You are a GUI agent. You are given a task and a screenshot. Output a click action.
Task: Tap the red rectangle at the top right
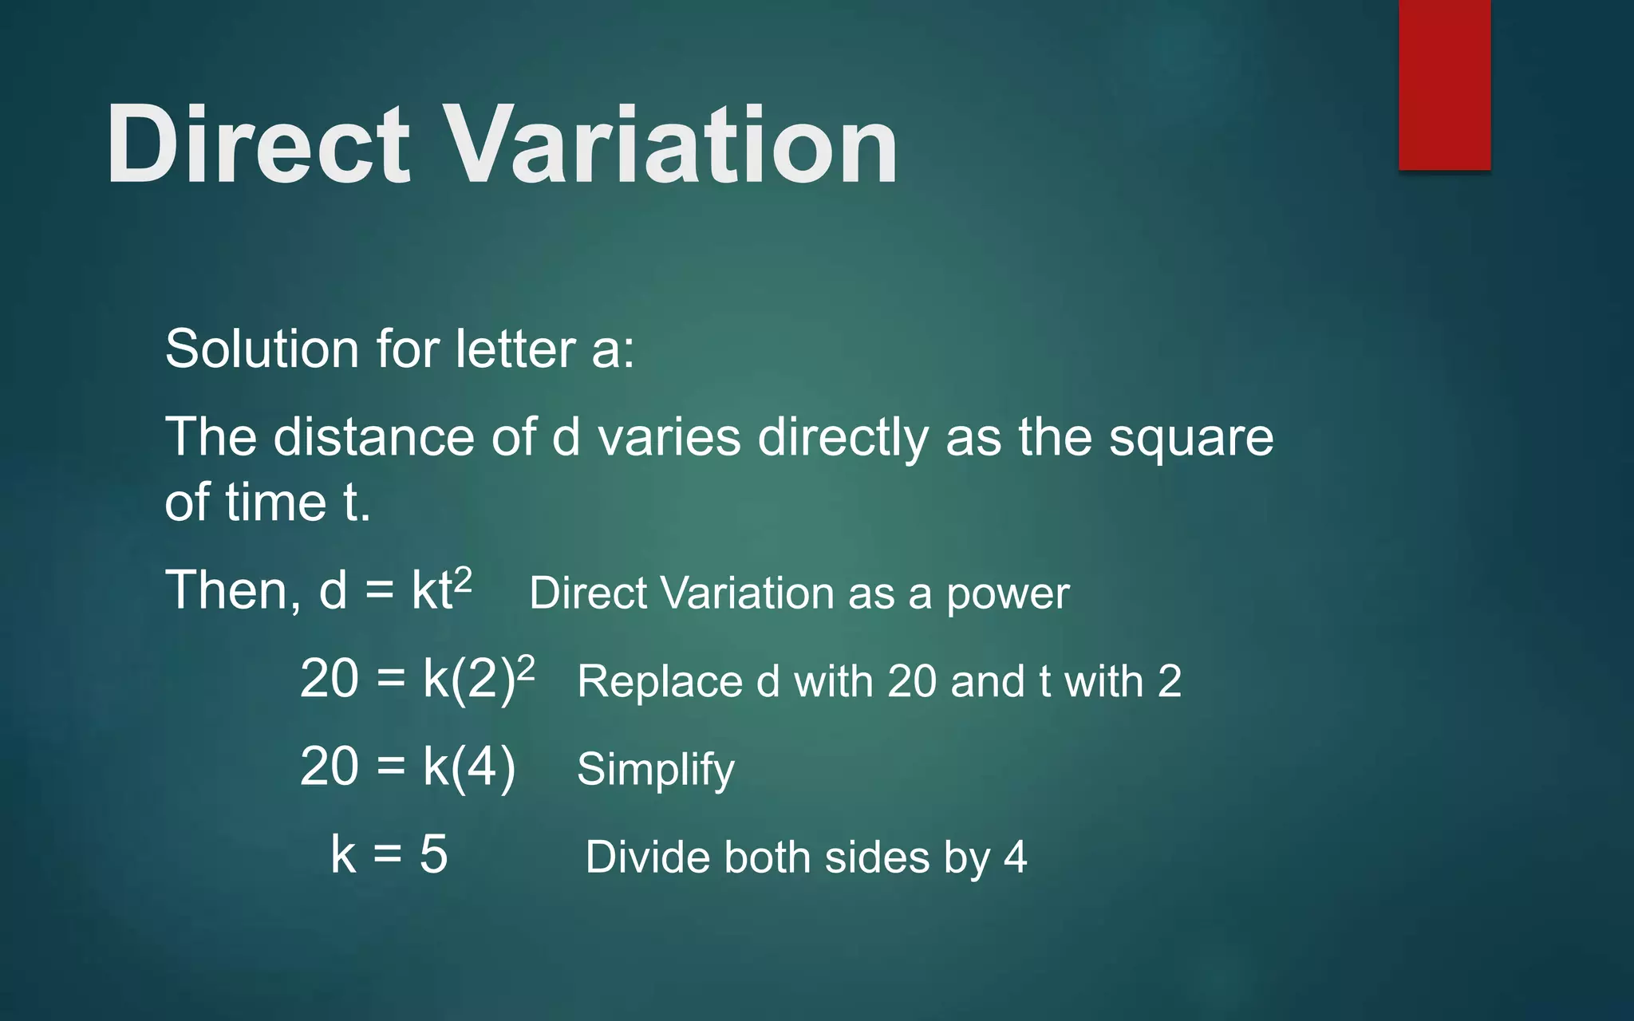1444,85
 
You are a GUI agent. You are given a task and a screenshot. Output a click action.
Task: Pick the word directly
843,439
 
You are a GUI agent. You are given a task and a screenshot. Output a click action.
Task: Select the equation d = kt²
395,590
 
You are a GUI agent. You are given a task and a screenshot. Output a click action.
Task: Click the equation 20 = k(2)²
416,679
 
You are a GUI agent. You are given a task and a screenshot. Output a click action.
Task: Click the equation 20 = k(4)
408,767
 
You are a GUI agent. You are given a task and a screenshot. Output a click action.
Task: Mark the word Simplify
655,771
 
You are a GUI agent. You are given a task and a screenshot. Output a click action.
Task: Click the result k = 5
389,854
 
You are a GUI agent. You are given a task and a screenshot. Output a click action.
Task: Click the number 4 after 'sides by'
1015,857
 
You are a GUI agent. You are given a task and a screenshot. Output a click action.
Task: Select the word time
275,503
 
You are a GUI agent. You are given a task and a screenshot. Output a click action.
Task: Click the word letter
515,349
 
